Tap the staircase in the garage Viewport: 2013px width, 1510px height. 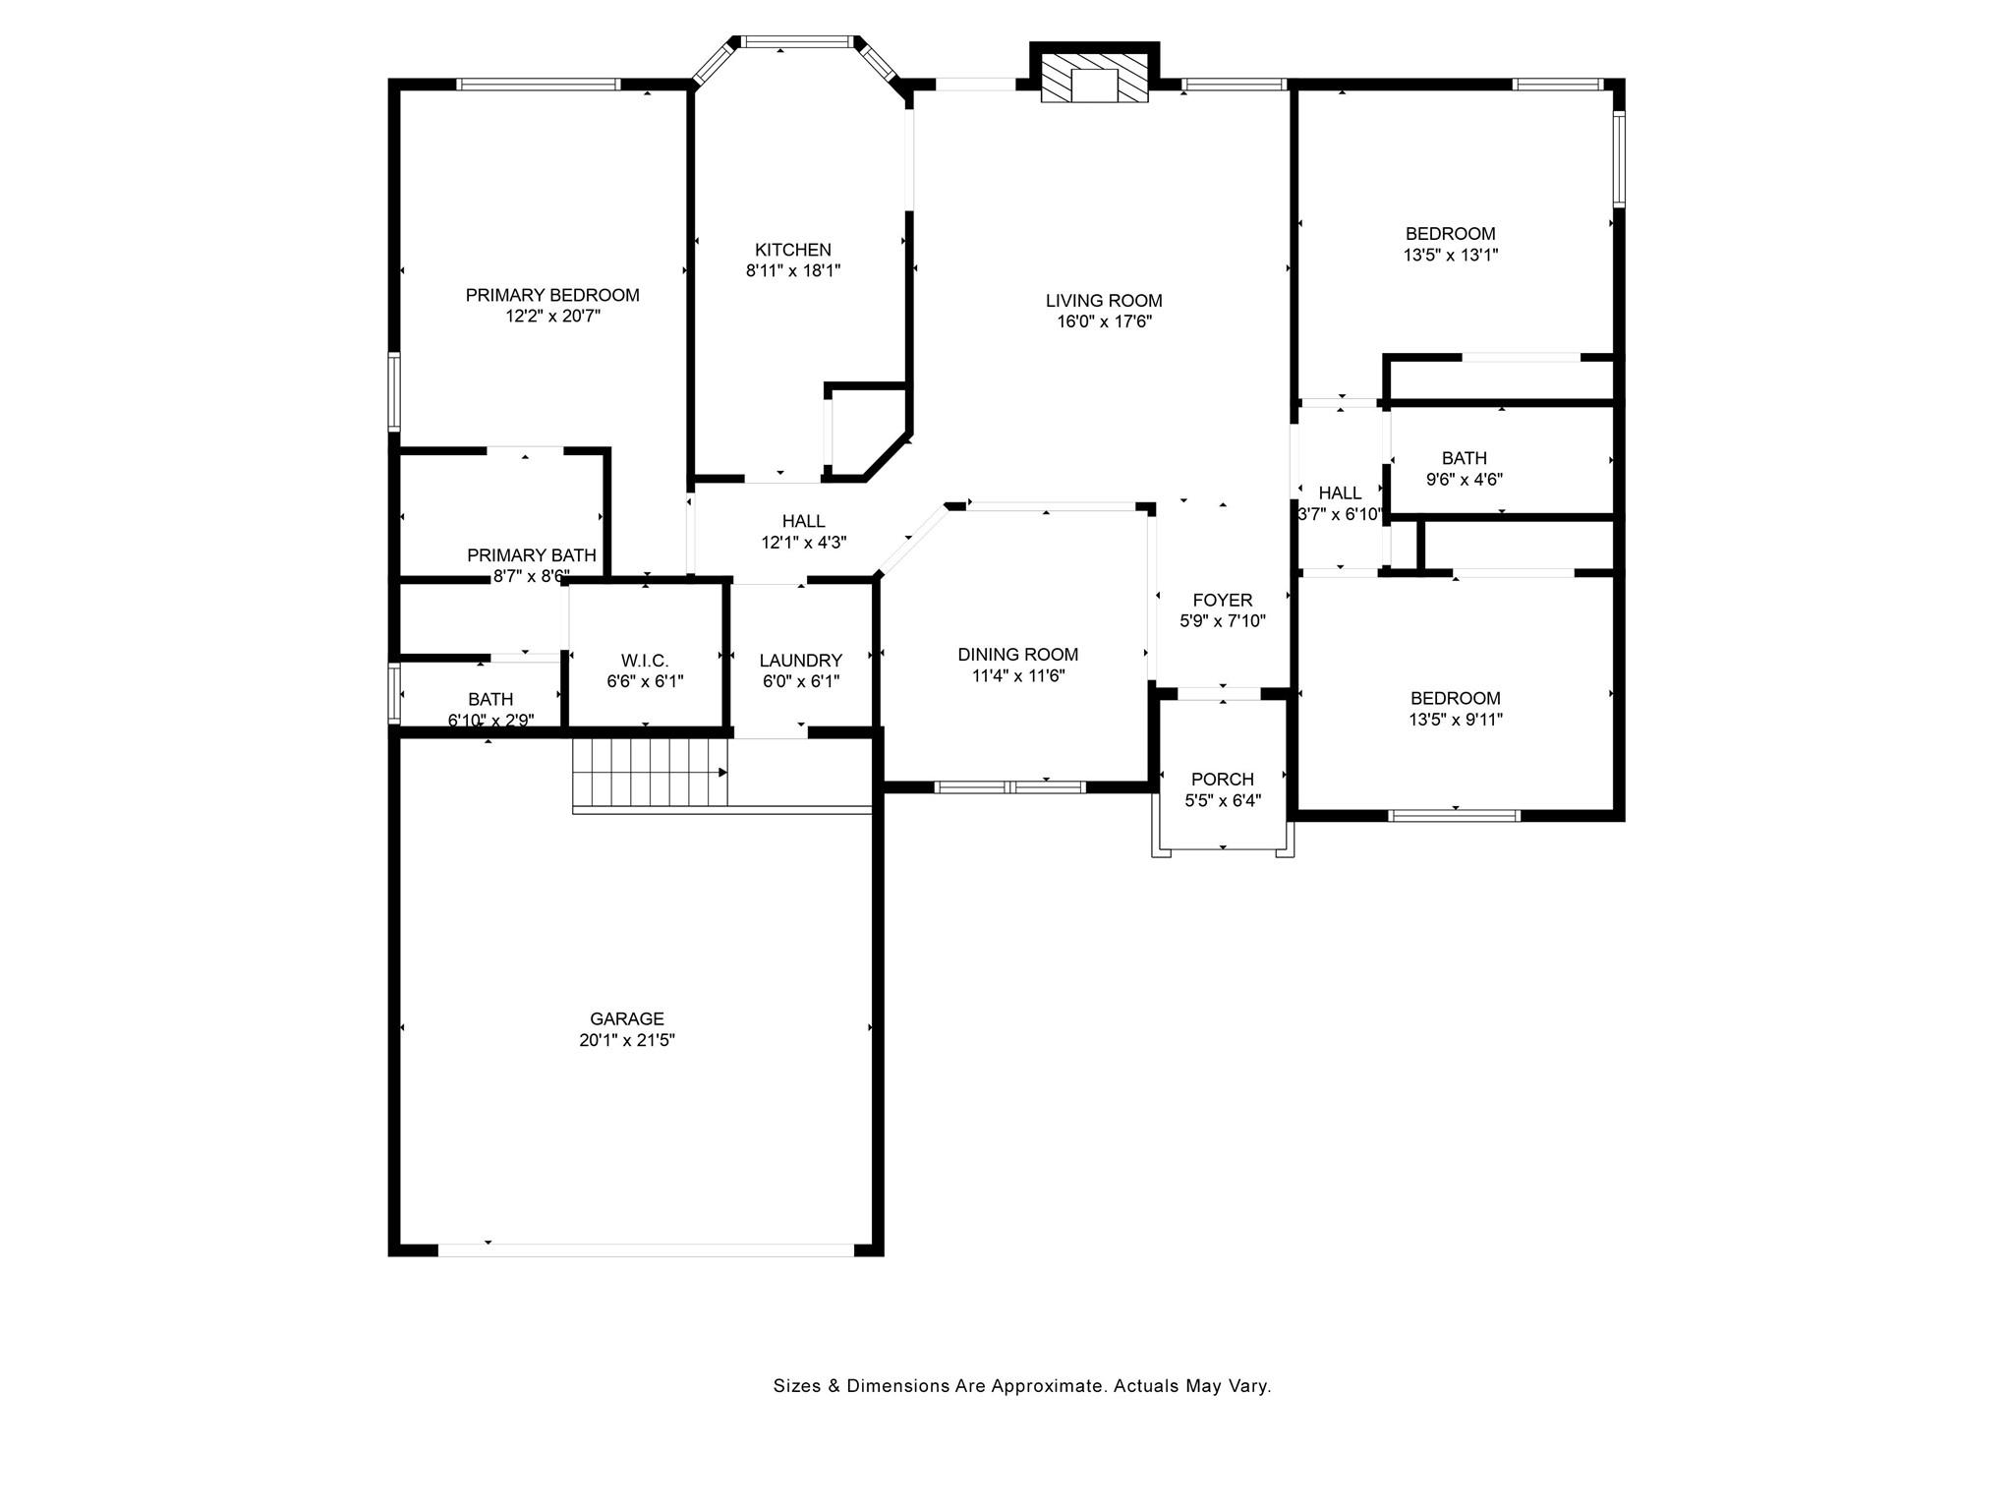coord(650,773)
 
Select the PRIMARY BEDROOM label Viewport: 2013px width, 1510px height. coord(552,295)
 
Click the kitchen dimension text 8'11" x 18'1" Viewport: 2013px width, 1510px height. coord(793,270)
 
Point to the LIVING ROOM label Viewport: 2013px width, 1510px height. coord(1104,301)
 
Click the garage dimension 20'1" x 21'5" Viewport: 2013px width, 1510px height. coord(627,1040)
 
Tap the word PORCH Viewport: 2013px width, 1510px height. coord(1223,780)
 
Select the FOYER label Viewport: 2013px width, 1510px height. coord(1223,600)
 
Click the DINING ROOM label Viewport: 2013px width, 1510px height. coord(1018,655)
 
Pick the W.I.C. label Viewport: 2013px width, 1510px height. coord(645,661)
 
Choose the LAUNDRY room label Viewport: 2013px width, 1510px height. coord(801,661)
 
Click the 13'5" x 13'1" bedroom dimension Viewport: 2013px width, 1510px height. coord(1451,255)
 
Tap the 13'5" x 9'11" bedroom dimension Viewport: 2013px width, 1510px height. coord(1456,720)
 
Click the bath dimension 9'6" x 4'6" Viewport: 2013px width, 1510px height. coord(1465,480)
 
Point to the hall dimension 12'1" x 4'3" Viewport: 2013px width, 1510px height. coord(804,542)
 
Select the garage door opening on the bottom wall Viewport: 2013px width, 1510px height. coord(646,1249)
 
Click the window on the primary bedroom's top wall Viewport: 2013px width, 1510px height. coord(539,85)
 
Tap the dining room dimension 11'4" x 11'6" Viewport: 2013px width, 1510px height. coord(1018,676)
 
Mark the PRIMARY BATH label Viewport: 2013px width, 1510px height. coord(532,555)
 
